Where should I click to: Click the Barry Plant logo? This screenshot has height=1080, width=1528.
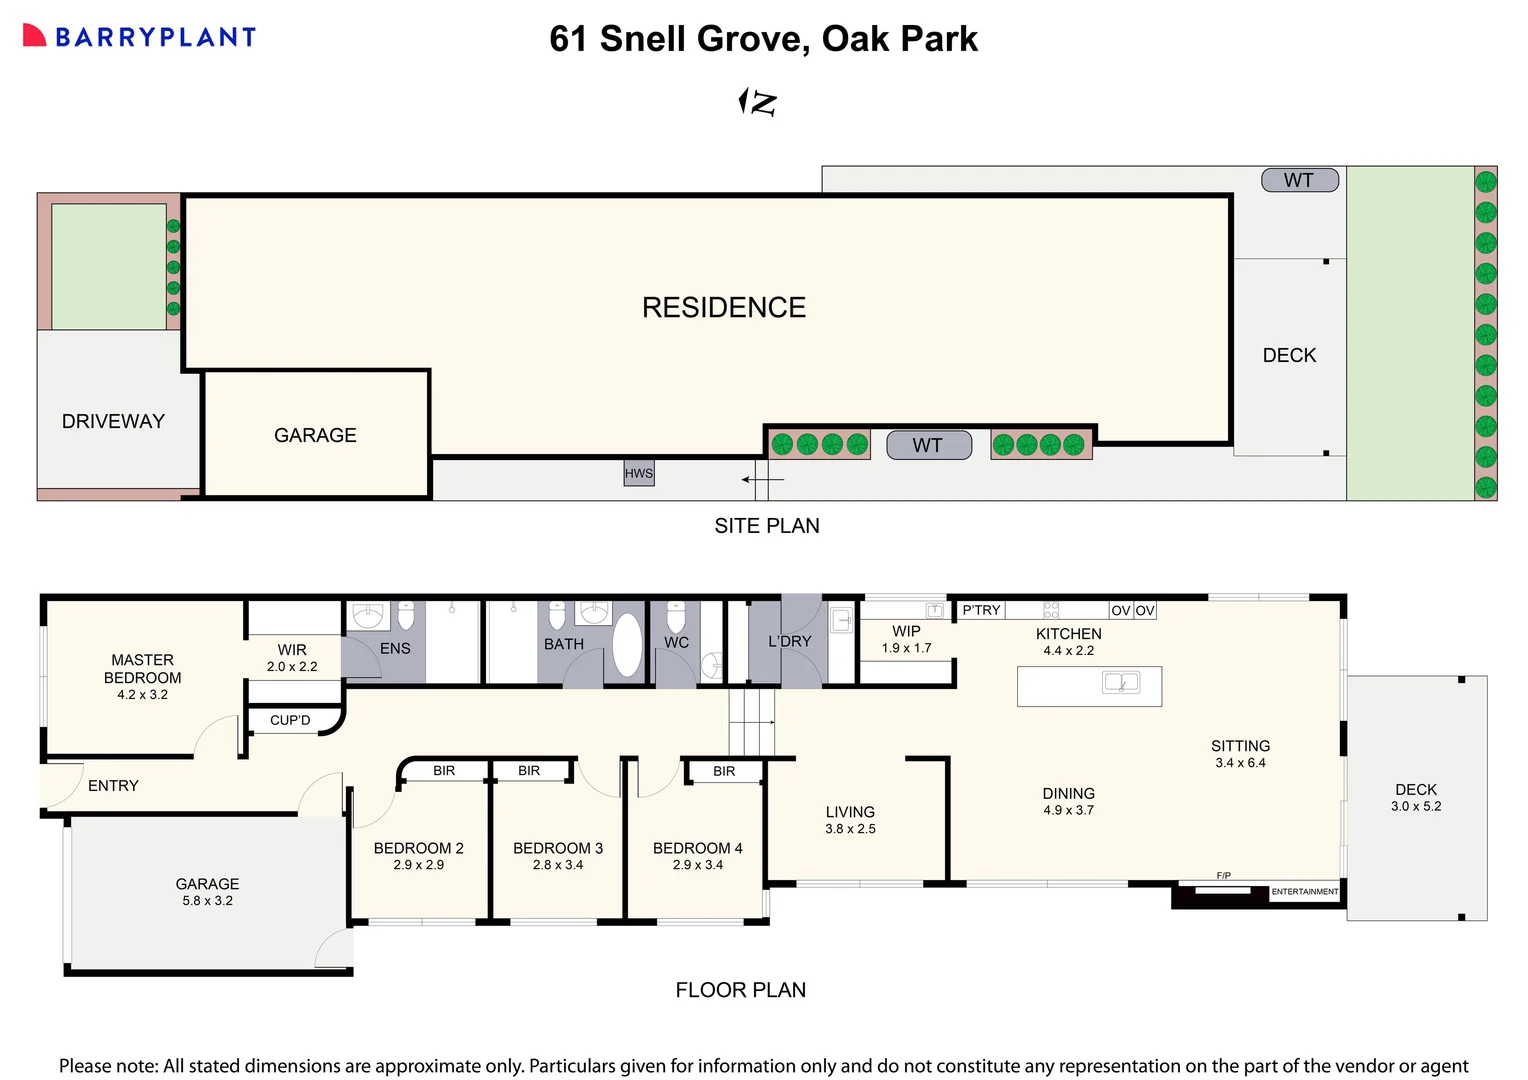[x=139, y=37]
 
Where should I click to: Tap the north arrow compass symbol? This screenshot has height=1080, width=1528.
[x=758, y=102]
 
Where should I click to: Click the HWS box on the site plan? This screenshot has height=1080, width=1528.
[x=639, y=473]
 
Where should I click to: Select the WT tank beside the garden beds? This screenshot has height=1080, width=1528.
[x=929, y=445]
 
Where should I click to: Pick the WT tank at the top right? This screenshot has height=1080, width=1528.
[x=1298, y=180]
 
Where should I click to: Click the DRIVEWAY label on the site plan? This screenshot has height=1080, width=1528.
[x=113, y=421]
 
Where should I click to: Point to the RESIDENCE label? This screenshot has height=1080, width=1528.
[x=723, y=307]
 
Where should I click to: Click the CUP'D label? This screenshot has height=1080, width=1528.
[x=290, y=720]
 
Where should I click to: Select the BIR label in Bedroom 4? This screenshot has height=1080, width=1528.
[x=724, y=771]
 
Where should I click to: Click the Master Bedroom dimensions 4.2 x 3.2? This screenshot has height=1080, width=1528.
[x=142, y=695]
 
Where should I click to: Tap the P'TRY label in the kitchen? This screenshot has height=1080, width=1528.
[x=981, y=610]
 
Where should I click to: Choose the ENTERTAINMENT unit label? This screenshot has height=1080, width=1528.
[x=1304, y=891]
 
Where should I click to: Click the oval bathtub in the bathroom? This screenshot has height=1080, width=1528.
[x=627, y=645]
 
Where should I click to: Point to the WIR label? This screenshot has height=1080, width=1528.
[x=292, y=650]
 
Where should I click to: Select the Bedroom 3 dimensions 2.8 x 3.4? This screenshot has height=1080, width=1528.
[x=558, y=865]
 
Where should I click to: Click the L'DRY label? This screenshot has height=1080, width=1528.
[x=789, y=641]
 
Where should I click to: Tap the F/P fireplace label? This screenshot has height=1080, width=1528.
[x=1223, y=875]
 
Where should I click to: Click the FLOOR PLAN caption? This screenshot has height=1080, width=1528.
[x=740, y=990]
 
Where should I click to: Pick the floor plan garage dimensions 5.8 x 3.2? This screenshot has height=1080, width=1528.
[x=207, y=901]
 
